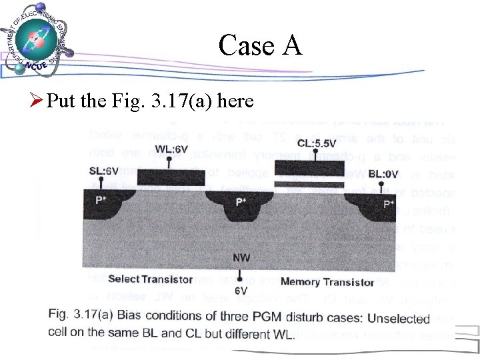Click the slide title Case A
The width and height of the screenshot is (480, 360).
260,45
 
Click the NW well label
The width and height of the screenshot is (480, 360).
243,257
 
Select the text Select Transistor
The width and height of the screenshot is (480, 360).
150,279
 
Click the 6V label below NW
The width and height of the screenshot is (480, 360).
241,291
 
